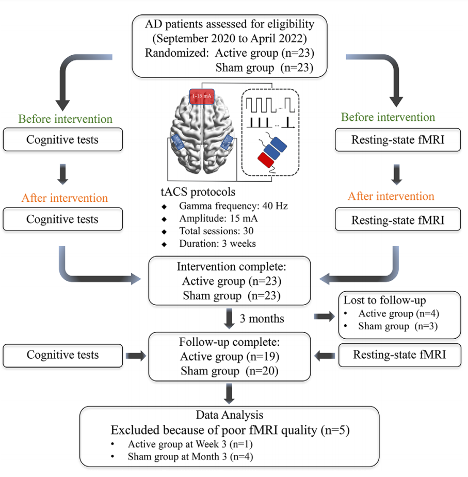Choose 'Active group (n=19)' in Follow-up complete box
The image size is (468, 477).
[229, 357]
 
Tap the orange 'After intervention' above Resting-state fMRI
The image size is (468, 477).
[391, 196]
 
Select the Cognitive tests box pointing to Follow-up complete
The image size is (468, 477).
[63, 355]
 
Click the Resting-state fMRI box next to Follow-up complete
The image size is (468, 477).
[399, 355]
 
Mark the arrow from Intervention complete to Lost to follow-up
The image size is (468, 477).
[324, 316]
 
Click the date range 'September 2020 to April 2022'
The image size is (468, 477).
[230, 38]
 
